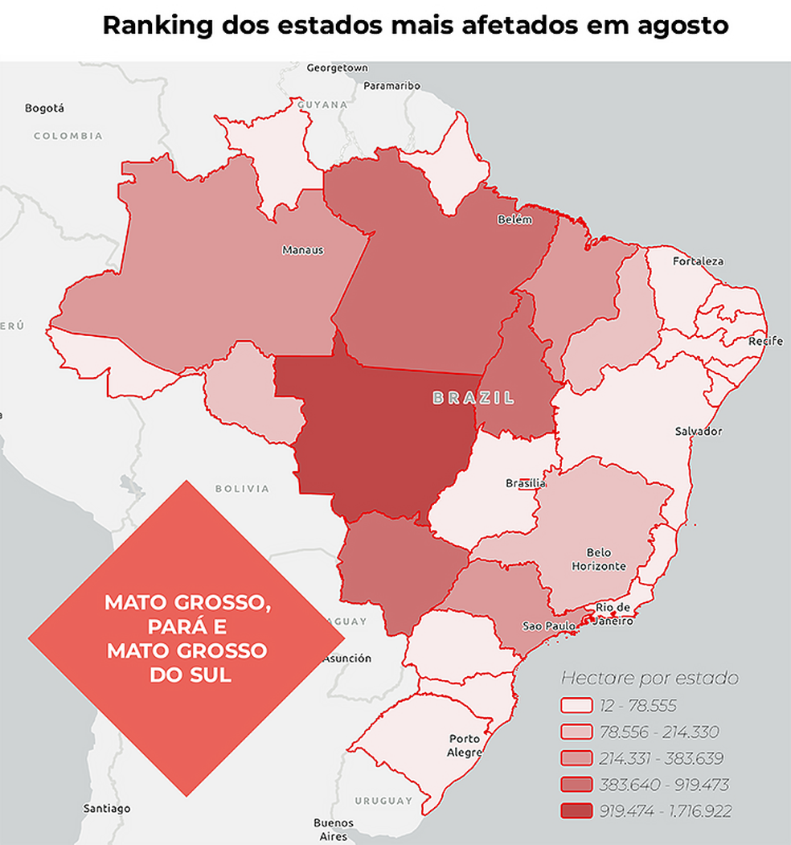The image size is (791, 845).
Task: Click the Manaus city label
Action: point(302,250)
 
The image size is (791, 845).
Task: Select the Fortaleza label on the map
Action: point(698,261)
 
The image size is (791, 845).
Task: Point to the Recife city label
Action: point(764,342)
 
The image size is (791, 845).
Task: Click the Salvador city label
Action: point(698,432)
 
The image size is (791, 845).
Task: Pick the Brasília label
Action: point(526,483)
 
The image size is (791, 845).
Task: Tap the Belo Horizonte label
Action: point(598,560)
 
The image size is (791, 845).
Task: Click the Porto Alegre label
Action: point(465,745)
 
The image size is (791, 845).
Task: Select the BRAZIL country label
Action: point(473,398)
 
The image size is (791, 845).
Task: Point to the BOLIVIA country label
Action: point(242,489)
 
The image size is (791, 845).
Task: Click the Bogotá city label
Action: point(44,108)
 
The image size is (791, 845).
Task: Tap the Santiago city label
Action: point(106,808)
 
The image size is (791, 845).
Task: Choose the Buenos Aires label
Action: point(334,829)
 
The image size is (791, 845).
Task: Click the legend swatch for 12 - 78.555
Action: point(576,707)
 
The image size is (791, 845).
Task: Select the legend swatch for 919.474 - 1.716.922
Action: point(576,811)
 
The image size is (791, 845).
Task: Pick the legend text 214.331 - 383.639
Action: point(662,758)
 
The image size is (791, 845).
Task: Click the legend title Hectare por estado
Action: point(649,678)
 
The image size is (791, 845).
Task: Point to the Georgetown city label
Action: point(337,68)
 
